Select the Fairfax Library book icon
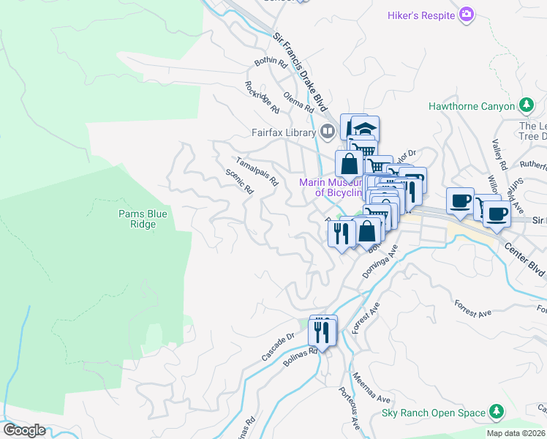328,132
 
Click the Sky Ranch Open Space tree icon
497,413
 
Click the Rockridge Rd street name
262,97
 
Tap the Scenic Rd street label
239,181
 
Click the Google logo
24,430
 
